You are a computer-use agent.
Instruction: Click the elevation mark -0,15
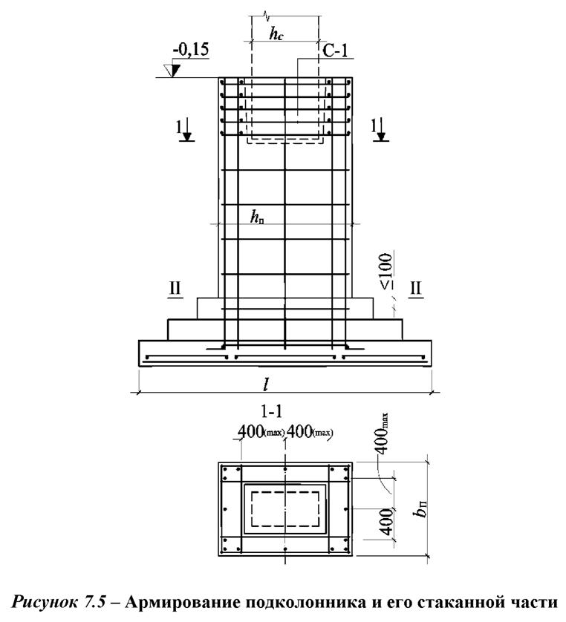[190, 50]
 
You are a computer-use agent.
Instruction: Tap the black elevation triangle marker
[174, 71]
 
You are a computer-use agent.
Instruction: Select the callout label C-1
[335, 50]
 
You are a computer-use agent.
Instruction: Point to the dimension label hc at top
[276, 33]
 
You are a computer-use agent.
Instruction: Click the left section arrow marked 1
[186, 130]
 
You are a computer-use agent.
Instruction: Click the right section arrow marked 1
[380, 129]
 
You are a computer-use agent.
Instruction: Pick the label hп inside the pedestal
[257, 217]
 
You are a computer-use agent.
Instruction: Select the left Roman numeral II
[175, 289]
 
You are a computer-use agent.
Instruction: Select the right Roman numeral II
[415, 289]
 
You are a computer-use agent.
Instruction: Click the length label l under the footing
[267, 384]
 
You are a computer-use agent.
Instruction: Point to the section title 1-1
[272, 411]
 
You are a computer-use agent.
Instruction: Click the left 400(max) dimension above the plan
[261, 431]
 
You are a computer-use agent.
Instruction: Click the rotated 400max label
[382, 434]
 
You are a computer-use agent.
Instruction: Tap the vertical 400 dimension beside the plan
[386, 522]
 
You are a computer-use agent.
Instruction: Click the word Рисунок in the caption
[44, 603]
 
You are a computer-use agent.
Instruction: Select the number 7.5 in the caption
[94, 602]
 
